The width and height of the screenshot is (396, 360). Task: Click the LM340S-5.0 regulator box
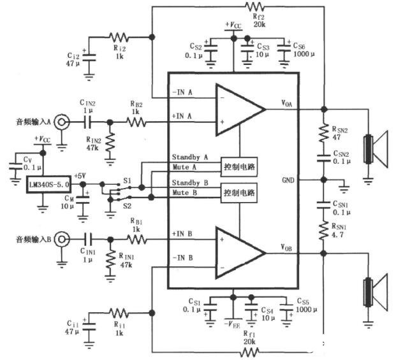point(48,184)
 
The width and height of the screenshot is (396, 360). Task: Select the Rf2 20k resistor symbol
point(255,6)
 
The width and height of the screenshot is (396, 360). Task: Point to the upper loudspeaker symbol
point(376,149)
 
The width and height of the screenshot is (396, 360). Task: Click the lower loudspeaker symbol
point(376,292)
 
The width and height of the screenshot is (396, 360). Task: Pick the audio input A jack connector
point(61,122)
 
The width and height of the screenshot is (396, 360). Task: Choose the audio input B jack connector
point(61,239)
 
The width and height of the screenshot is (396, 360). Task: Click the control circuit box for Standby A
point(239,167)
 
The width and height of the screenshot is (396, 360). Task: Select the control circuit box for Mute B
point(239,193)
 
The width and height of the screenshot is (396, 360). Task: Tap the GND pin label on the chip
point(288,180)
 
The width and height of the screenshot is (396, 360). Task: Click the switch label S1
point(128,180)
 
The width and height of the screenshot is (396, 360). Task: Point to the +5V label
point(80,176)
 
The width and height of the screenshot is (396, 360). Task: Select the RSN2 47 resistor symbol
point(323,133)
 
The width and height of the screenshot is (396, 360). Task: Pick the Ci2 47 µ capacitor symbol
point(89,57)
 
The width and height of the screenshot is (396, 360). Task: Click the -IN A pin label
point(182,92)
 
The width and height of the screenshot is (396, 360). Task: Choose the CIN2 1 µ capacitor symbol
point(87,122)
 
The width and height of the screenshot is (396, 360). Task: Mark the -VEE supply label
point(232,324)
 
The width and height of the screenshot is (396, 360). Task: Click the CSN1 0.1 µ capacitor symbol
point(323,205)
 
